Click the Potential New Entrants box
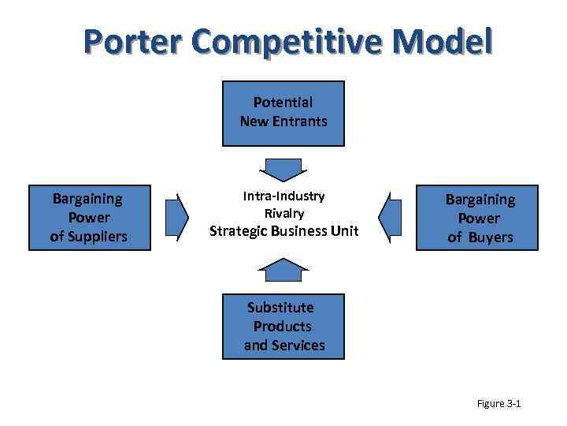coord(283,114)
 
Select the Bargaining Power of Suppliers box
coord(89,218)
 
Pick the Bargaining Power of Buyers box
coord(477,218)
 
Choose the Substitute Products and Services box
coord(283,327)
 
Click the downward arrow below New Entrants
coord(283,169)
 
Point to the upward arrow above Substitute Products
coord(283,270)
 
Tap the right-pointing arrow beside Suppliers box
coord(177,216)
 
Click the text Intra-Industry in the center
coord(283,196)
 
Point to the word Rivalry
coord(283,213)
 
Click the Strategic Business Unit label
coord(283,231)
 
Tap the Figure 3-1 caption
coord(499,404)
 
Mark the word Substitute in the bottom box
coord(280,307)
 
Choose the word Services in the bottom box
coord(298,346)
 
